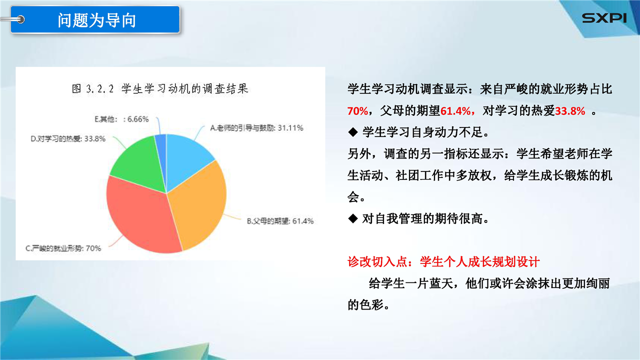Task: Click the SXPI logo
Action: pyautogui.click(x=604, y=18)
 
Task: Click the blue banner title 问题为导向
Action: pyautogui.click(x=97, y=20)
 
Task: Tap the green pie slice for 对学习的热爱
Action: pyautogui.click(x=138, y=165)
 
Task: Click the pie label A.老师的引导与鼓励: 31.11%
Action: pyautogui.click(x=256, y=127)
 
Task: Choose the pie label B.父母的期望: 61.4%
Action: pyautogui.click(x=280, y=221)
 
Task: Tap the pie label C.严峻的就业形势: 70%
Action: pyautogui.click(x=63, y=248)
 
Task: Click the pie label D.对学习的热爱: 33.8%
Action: pyautogui.click(x=68, y=138)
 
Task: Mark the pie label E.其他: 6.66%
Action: pyautogui.click(x=121, y=119)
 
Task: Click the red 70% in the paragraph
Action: pyautogui.click(x=357, y=111)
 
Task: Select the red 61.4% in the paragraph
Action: pyautogui.click(x=455, y=111)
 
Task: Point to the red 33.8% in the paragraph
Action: pyautogui.click(x=569, y=111)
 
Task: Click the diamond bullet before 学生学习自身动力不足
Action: pyautogui.click(x=353, y=132)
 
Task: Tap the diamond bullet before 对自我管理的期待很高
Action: pyautogui.click(x=353, y=218)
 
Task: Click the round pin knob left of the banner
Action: pyautogui.click(x=20, y=19)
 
